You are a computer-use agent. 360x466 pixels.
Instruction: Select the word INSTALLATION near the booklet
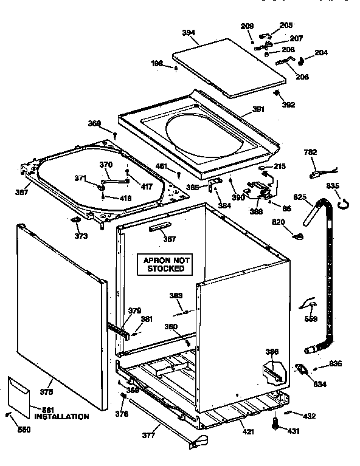coord(61,417)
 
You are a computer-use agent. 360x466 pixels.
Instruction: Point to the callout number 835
coord(333,186)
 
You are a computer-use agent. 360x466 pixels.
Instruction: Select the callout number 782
coord(311,152)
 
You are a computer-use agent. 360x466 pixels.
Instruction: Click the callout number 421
coord(249,431)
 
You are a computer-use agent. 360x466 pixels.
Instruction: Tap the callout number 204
coord(320,53)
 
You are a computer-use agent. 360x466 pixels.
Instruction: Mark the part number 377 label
coord(149,435)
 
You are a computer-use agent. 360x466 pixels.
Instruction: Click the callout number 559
coord(311,318)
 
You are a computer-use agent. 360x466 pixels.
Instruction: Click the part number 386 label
coord(272,352)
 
